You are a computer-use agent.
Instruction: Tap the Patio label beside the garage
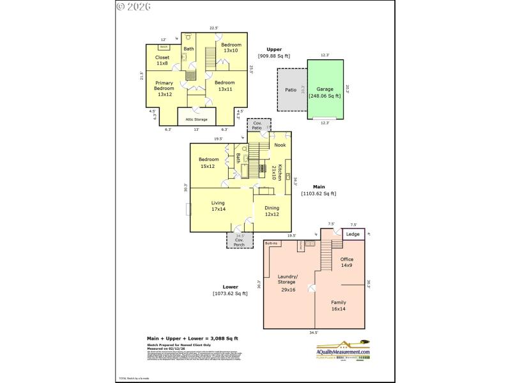coord(291,90)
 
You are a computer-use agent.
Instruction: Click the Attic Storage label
coord(196,119)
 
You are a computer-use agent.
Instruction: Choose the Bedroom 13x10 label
coord(231,47)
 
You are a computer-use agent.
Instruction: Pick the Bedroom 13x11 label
coord(224,86)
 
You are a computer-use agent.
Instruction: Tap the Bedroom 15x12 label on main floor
coord(209,163)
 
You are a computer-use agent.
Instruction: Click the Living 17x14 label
coord(219,206)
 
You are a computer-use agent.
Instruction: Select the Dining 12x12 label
coord(272,211)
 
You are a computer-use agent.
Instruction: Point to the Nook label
coord(280,146)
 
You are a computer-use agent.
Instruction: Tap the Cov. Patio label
coord(258,126)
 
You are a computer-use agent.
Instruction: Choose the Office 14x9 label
coord(346,262)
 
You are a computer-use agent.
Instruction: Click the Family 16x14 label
coord(338,306)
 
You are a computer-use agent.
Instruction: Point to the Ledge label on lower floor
coord(353,234)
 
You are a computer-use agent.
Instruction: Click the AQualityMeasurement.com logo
coord(343,352)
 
